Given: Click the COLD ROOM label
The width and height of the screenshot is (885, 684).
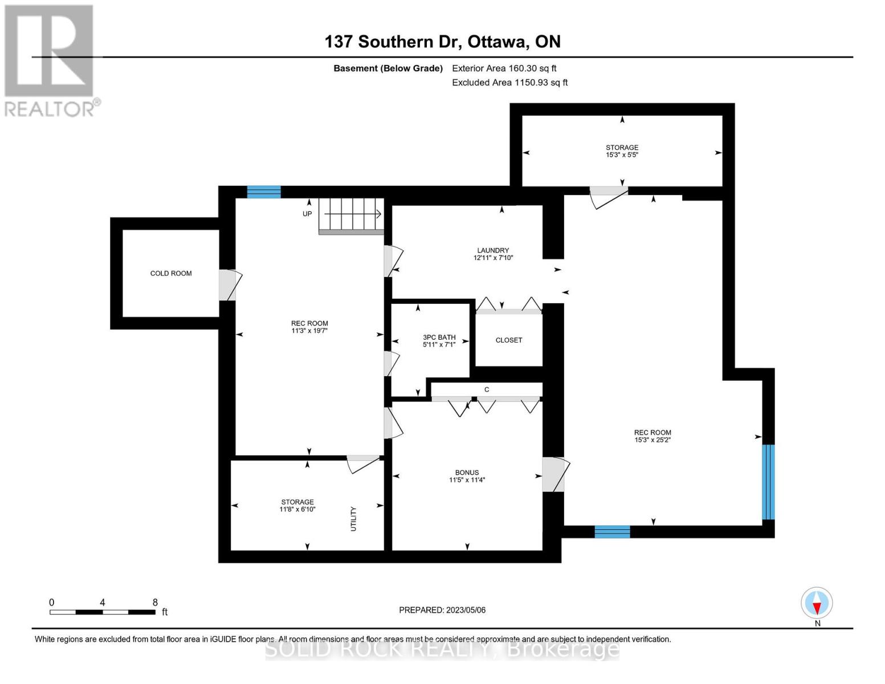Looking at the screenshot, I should tap(171, 274).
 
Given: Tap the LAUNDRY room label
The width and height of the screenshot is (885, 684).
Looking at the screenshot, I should tap(493, 250).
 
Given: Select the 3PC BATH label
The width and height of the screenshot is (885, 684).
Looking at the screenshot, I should tap(439, 337).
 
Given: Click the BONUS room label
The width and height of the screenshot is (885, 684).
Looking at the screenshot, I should tap(467, 473).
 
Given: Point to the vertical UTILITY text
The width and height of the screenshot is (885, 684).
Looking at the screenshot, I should tap(353, 519).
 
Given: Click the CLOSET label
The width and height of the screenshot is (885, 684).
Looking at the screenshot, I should tap(508, 340).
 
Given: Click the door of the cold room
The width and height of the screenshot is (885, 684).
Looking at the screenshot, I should tap(229, 284).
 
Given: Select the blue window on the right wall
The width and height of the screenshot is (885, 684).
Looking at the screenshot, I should tap(768, 482).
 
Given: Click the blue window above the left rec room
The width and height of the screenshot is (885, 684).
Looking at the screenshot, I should tap(264, 192).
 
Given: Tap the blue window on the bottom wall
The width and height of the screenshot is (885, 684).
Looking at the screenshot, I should tap(612, 532).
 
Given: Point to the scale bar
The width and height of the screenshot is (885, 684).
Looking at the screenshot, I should tap(103, 612).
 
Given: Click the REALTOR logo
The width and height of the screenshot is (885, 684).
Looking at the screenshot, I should tap(50, 60).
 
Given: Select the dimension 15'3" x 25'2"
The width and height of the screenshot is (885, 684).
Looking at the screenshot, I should tap(652, 440).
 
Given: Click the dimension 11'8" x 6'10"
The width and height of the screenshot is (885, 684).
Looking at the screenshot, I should tap(297, 510).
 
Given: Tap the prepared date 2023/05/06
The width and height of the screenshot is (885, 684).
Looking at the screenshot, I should tap(466, 610).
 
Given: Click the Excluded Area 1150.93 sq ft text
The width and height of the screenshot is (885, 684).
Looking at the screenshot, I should tap(509, 83).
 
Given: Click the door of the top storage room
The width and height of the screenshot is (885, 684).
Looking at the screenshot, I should tap(608, 196).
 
